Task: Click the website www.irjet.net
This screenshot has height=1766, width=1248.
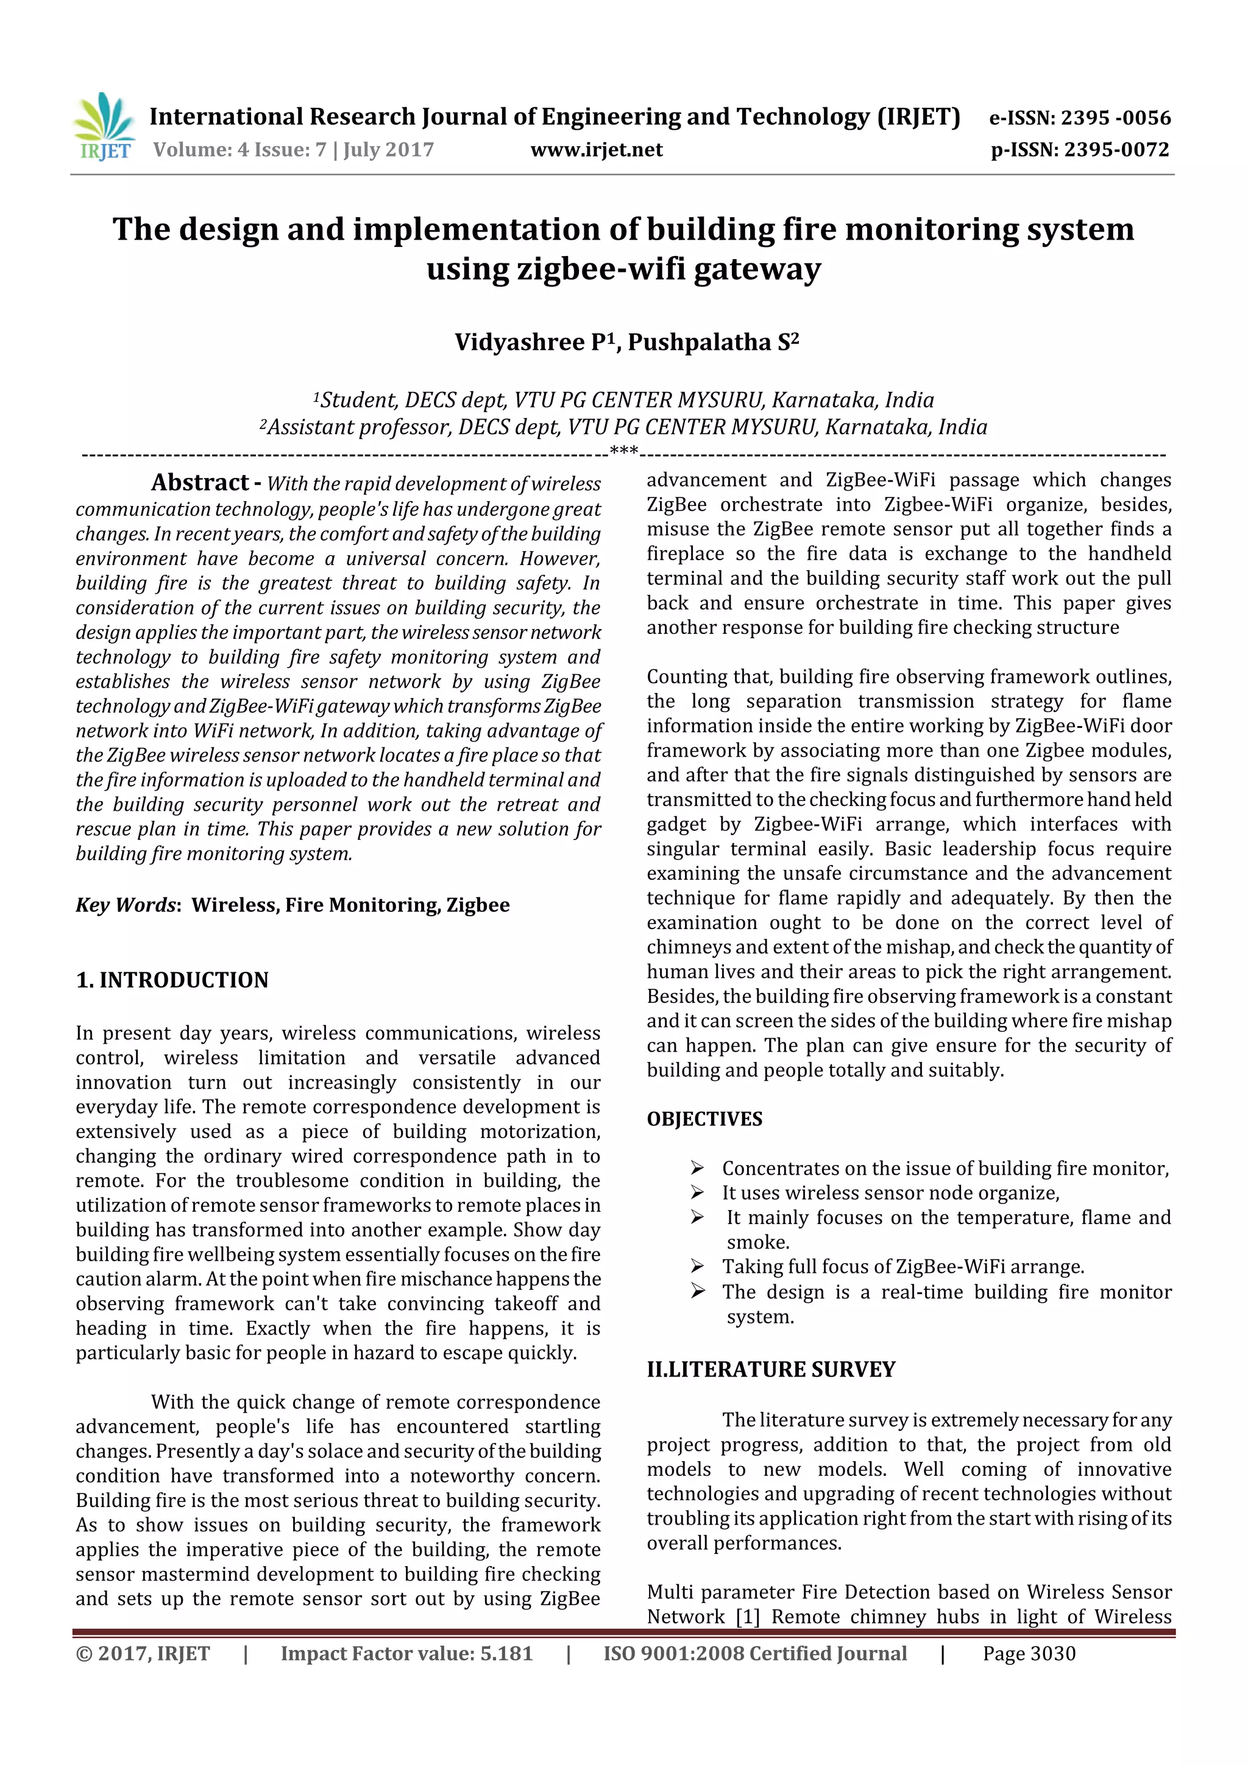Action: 596,150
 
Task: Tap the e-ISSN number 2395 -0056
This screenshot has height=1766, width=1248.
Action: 1115,118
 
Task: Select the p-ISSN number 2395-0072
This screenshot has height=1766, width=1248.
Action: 1116,150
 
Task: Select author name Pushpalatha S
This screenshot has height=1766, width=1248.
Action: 713,342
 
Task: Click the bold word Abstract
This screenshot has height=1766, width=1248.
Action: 200,482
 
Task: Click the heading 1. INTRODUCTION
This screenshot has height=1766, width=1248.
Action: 172,980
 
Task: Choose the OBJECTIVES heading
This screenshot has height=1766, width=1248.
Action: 704,1119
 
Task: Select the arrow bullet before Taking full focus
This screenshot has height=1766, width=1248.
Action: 698,1266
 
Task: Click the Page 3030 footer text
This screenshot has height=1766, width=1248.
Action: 1029,1654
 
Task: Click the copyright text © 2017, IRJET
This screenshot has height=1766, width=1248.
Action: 143,1654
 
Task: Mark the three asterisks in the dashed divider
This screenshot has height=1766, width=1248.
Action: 623,450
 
